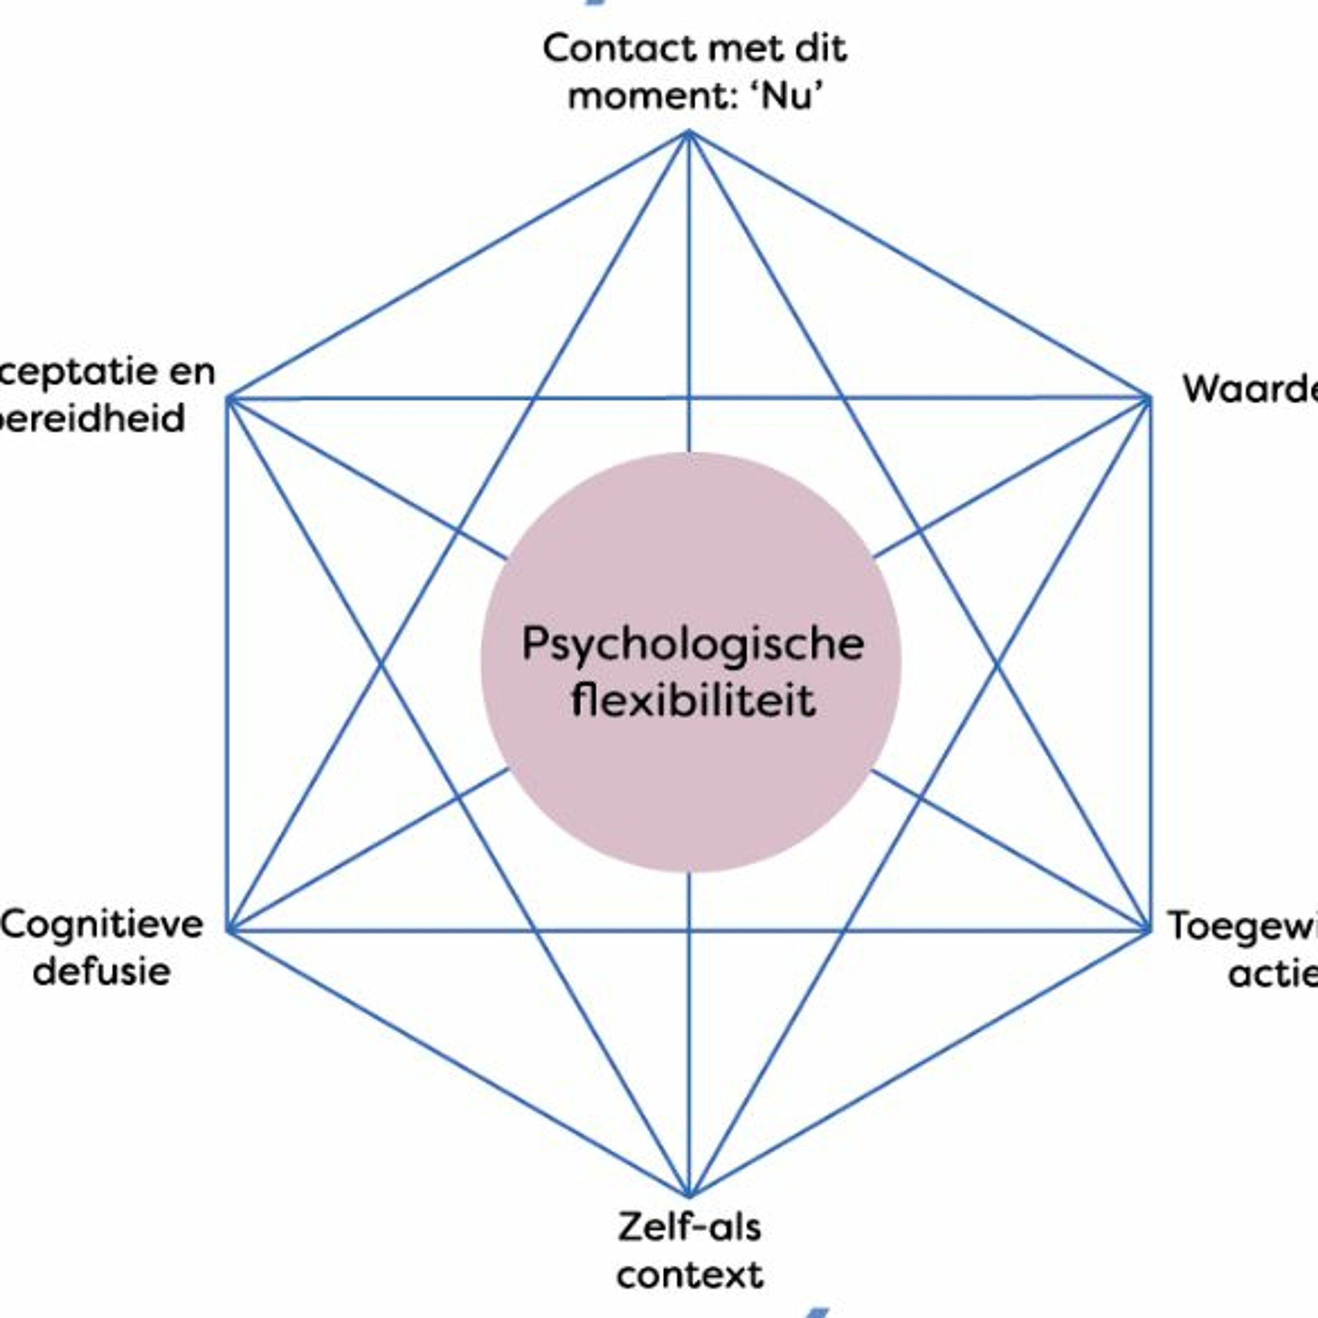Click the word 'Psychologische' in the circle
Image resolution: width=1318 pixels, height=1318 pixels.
(x=692, y=645)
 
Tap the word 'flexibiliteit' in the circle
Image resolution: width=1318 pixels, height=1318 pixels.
(x=692, y=701)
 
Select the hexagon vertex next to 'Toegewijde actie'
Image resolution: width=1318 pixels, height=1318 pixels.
(x=1149, y=930)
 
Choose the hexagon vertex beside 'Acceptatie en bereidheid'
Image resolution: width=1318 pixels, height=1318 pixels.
(x=229, y=398)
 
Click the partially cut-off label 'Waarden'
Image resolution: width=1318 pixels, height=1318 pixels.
(x=1252, y=389)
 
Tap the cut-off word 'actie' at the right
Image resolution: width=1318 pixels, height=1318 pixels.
(x=1272, y=972)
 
